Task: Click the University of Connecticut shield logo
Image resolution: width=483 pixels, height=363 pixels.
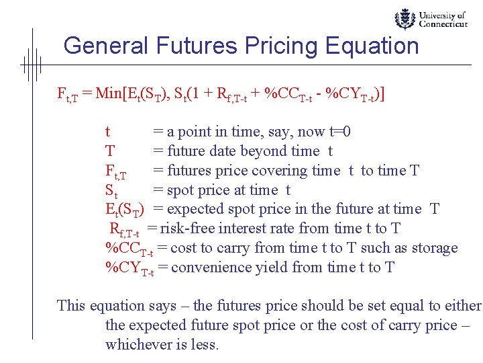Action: coord(405,19)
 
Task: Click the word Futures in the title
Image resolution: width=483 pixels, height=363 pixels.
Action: coord(199,46)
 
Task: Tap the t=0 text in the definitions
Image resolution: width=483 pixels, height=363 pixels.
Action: coord(341,132)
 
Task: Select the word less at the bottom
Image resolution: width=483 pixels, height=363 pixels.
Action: coord(206,345)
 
